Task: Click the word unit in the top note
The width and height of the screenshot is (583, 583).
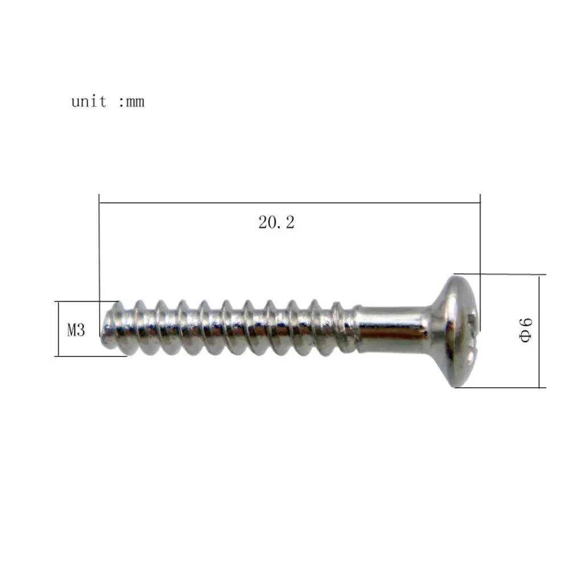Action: tap(88, 102)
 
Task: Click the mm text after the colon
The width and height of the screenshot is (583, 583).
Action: tap(136, 102)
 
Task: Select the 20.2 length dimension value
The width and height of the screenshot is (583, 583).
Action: tap(277, 223)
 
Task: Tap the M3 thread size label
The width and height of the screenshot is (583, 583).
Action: tap(76, 330)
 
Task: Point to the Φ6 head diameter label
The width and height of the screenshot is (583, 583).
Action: tap(525, 330)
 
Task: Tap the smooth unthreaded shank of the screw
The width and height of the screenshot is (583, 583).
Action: tap(393, 329)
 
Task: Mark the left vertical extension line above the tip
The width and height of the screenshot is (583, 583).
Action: tap(99, 251)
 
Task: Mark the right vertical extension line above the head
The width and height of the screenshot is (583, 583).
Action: tap(481, 239)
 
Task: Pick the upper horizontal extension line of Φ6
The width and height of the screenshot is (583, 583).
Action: tap(501, 274)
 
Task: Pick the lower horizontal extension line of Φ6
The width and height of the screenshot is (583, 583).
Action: tap(501, 388)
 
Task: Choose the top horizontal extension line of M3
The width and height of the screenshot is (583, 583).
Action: tap(85, 302)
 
